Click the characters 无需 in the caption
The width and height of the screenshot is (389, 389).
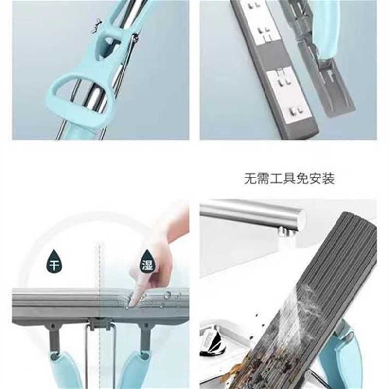255,178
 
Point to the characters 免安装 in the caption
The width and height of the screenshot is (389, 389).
318,178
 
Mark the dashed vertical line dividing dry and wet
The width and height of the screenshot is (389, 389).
99,272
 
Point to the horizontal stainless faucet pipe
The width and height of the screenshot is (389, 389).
243,213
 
